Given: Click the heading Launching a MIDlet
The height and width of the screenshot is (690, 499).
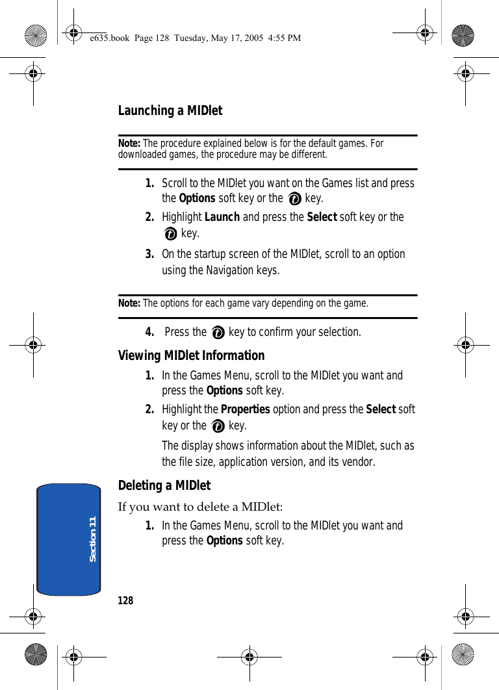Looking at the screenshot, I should tap(170, 111).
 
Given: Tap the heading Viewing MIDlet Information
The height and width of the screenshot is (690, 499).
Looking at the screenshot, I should tap(191, 355).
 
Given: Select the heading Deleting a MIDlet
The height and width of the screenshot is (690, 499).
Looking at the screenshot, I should tap(164, 485).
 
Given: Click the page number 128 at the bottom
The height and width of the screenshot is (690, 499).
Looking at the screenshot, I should tap(125, 600).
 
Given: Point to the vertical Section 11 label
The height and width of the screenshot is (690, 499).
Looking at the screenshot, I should tap(92, 539).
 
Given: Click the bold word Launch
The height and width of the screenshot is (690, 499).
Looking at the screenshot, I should tap(222, 217).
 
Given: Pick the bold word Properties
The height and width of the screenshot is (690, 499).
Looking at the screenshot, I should tap(246, 409).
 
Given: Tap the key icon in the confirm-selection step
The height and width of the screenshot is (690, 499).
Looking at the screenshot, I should tap(218, 333).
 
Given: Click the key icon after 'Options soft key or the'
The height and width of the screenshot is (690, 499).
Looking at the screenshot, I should tap(294, 199).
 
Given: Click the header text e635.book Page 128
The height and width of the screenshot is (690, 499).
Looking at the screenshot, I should tap(131, 38).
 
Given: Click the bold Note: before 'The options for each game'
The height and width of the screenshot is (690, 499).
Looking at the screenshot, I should tap(129, 303).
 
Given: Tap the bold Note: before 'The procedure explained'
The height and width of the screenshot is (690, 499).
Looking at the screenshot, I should tap(129, 143).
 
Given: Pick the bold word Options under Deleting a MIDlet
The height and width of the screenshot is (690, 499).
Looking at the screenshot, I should tap(224, 541).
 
